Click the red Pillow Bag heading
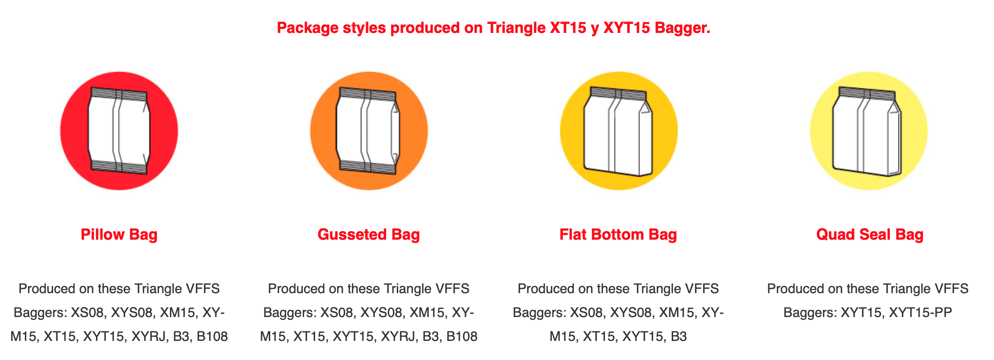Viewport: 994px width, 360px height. pyautogui.click(x=119, y=234)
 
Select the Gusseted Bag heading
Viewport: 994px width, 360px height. pyautogui.click(x=369, y=234)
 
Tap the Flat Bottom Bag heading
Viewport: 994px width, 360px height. pyautogui.click(x=618, y=234)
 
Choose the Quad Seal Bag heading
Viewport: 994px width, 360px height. pyautogui.click(x=870, y=234)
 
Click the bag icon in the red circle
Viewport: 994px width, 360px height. pyautogui.click(x=119, y=131)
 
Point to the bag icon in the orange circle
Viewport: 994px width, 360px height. pyautogui.click(x=368, y=131)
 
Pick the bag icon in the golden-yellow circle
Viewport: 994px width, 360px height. pyautogui.click(x=618, y=131)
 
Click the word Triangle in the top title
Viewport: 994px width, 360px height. pyautogui.click(x=516, y=28)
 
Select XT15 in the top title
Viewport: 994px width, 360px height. pyautogui.click(x=568, y=28)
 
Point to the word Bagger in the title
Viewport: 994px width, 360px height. pyautogui.click(x=682, y=28)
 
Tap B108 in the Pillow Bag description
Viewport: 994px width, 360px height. pyautogui.click(x=212, y=337)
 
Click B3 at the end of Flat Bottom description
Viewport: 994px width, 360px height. pyautogui.click(x=678, y=337)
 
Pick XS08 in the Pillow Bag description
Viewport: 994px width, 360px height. pyautogui.click(x=87, y=313)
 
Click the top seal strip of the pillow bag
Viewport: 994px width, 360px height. pyautogui.click(x=119, y=94)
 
